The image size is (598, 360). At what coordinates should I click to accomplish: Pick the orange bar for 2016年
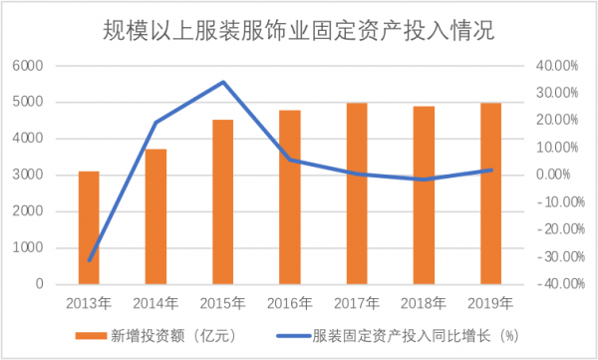pos(290,197)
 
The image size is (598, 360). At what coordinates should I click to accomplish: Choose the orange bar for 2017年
pos(357,193)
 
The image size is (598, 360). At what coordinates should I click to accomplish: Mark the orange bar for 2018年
pos(424,195)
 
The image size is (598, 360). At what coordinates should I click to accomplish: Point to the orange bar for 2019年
pos(490,193)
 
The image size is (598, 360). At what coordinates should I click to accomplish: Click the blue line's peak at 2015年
pos(223,82)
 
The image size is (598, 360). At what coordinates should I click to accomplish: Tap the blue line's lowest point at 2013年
pos(89,261)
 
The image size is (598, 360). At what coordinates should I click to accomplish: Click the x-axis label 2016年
pos(290,303)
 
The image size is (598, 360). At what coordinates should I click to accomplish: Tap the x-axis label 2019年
pos(490,303)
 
